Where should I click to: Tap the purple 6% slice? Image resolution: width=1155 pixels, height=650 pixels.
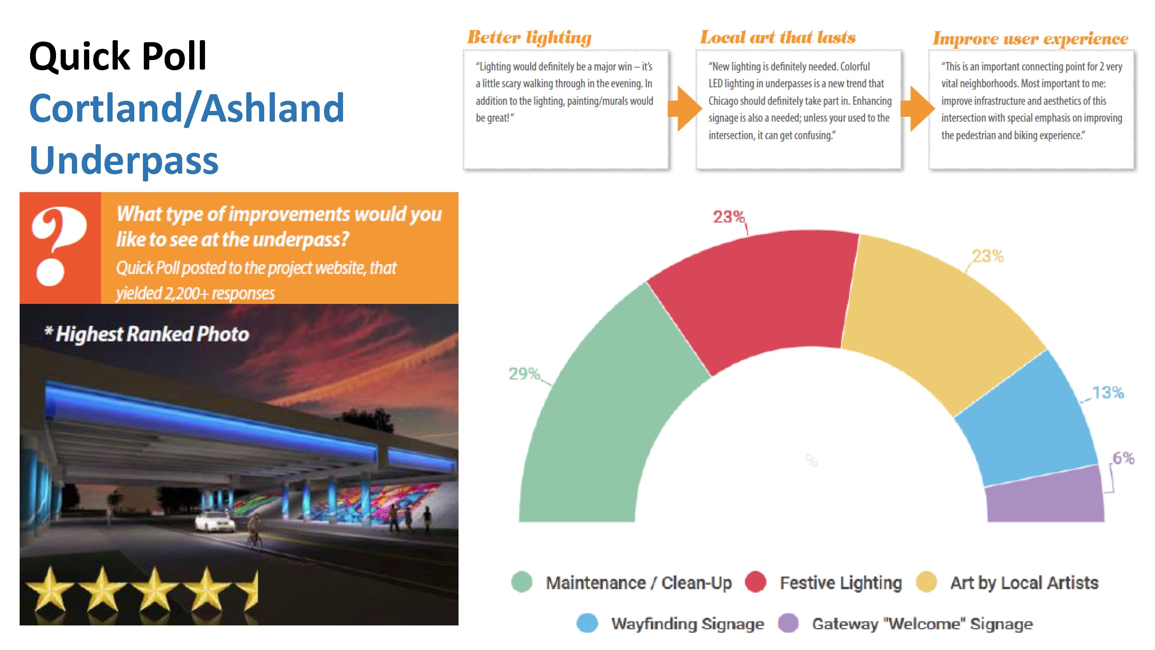click(x=1045, y=498)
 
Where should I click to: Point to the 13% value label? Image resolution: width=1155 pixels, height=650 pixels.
click(x=1107, y=393)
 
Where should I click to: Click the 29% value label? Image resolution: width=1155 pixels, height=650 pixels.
click(x=524, y=374)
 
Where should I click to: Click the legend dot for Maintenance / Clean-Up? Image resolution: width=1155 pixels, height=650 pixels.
click(x=521, y=582)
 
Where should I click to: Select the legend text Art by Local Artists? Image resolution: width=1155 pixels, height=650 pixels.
click(x=1024, y=583)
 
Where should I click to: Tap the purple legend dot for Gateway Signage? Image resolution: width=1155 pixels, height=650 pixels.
click(x=788, y=623)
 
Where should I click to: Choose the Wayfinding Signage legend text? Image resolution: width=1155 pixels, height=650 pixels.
click(x=687, y=623)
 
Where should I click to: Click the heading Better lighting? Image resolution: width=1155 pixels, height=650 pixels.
click(x=529, y=38)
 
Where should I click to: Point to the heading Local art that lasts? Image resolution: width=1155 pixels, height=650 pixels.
click(x=778, y=38)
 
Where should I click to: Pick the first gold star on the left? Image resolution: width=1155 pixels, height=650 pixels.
click(x=49, y=590)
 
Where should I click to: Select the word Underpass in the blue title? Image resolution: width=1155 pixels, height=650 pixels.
click(x=124, y=160)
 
